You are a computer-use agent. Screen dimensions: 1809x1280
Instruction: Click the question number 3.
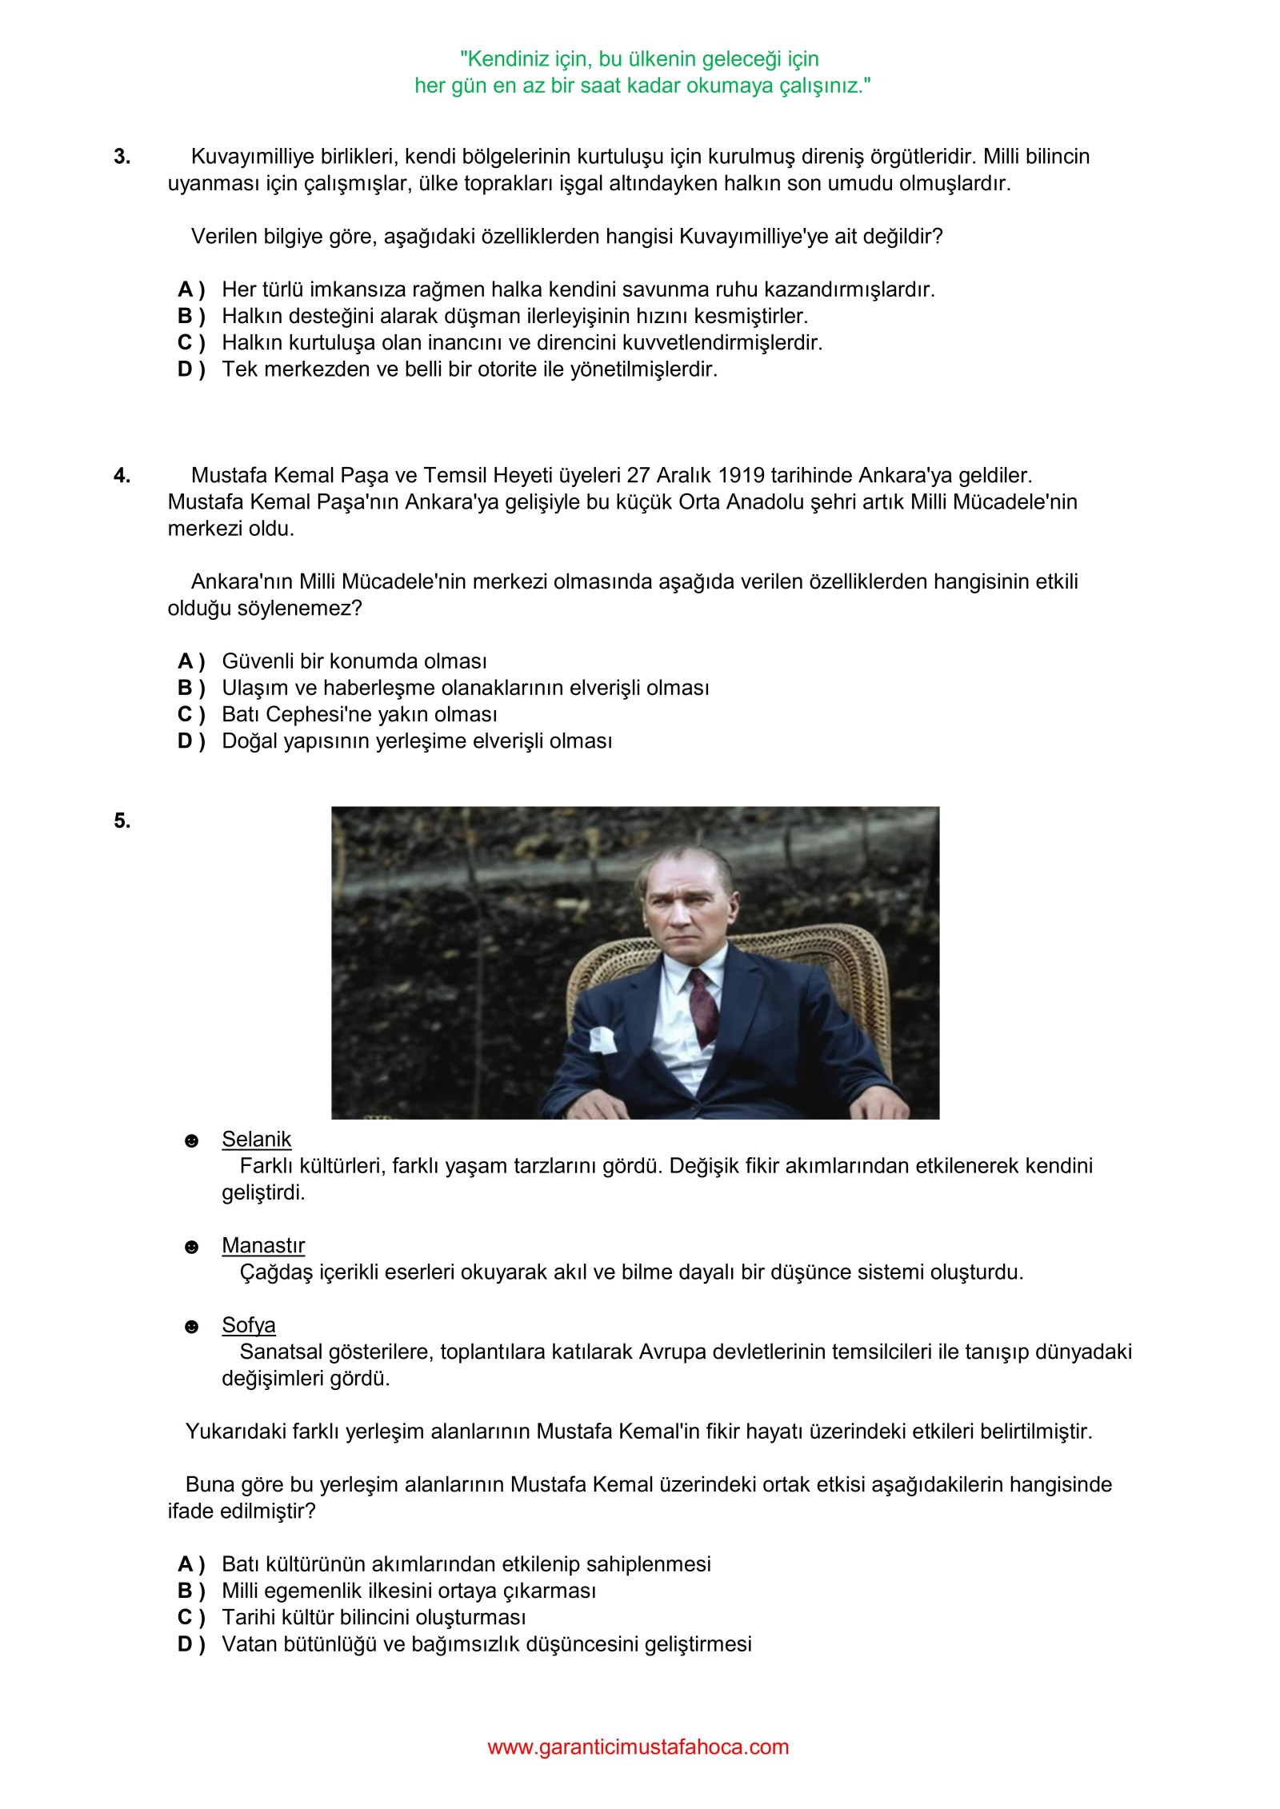(x=122, y=157)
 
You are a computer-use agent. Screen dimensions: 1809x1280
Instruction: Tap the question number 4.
(x=122, y=476)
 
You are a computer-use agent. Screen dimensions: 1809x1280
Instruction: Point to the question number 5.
(x=122, y=821)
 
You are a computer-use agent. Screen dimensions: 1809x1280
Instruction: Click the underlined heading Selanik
(x=256, y=1139)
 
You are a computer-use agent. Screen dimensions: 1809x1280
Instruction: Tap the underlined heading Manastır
(x=263, y=1245)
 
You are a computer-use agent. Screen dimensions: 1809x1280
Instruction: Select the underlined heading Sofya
(x=248, y=1325)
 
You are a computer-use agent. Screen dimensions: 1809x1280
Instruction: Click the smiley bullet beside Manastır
(x=191, y=1247)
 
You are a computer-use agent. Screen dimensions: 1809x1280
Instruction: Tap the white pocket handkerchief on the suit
(x=602, y=1039)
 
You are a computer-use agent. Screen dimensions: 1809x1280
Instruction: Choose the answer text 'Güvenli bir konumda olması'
(x=354, y=661)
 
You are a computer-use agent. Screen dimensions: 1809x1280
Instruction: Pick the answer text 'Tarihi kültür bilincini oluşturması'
(x=374, y=1617)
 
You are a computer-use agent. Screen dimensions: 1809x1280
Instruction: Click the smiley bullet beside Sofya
(x=191, y=1327)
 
